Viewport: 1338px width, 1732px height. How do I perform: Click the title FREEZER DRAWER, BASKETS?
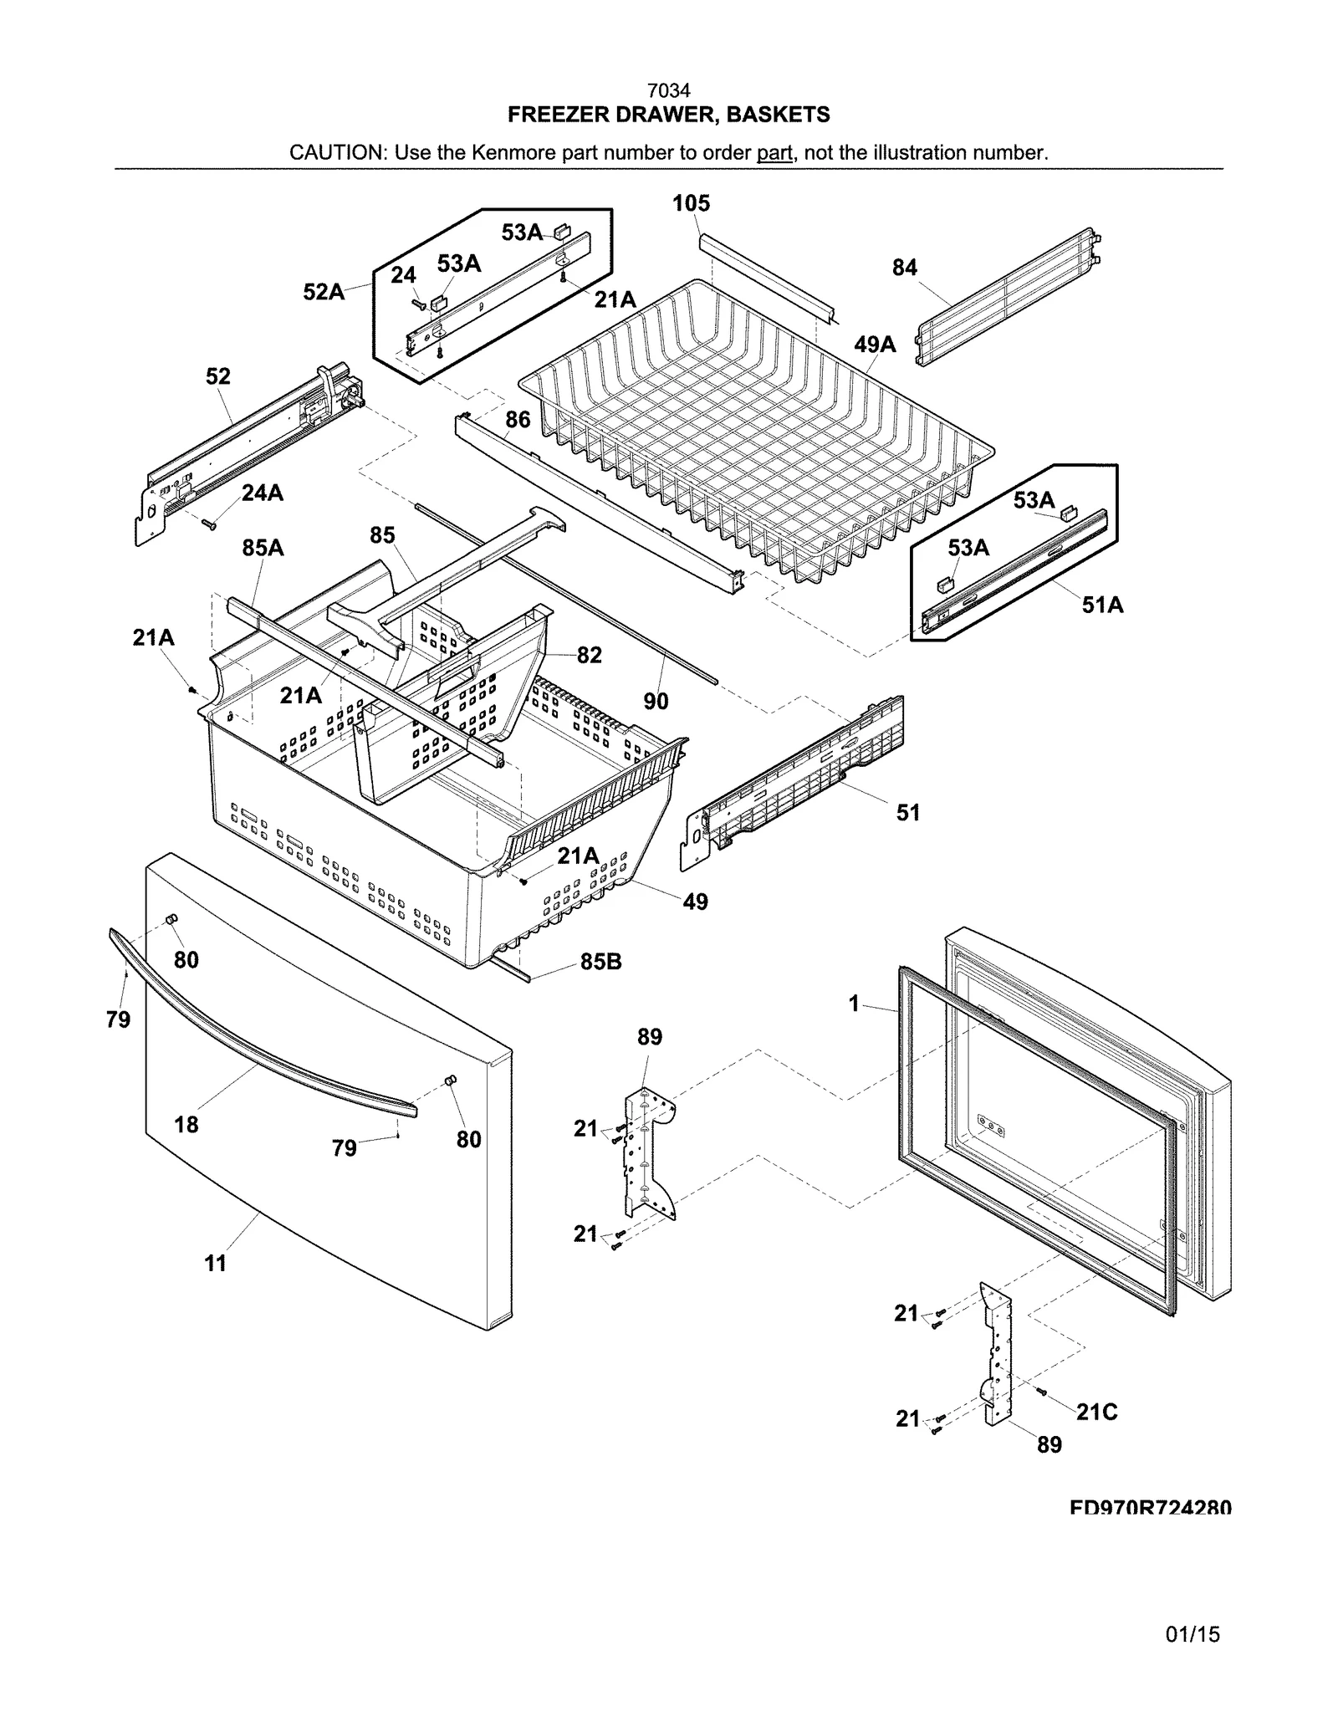click(668, 115)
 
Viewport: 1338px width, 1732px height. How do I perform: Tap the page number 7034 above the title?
click(668, 90)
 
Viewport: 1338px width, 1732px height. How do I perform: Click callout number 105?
click(691, 203)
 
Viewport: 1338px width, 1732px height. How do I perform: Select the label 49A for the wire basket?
click(875, 344)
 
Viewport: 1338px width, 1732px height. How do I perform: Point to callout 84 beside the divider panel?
click(904, 268)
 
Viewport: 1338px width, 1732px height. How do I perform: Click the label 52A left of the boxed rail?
click(324, 292)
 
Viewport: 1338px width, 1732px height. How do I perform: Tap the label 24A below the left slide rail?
click(263, 493)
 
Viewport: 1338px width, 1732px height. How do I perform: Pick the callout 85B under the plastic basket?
click(600, 962)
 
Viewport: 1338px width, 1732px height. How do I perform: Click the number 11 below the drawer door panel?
click(216, 1264)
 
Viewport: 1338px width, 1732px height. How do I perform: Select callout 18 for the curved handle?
click(186, 1124)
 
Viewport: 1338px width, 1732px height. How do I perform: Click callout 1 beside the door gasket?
click(854, 1003)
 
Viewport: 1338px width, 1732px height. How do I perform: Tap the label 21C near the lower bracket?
click(1096, 1412)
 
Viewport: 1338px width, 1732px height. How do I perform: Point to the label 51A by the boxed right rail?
click(1102, 605)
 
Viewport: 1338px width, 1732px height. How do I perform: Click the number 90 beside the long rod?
click(656, 701)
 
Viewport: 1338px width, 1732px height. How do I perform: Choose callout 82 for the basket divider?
click(589, 655)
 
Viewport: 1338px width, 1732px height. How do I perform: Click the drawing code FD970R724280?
click(1150, 1508)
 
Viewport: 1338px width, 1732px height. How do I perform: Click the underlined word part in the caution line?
click(774, 153)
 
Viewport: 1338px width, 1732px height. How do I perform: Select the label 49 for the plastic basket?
click(695, 902)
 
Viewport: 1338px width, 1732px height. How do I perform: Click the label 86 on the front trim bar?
click(518, 419)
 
